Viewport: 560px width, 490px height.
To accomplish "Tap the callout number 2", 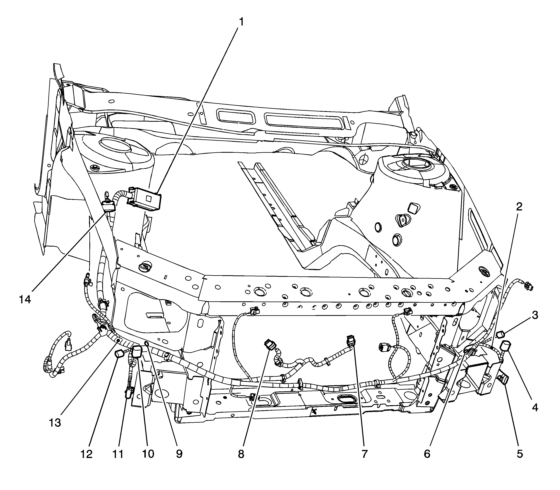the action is [x=519, y=207].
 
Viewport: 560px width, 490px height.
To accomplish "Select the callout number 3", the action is [x=535, y=315].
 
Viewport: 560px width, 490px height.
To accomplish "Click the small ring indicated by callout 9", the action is [x=146, y=344].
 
